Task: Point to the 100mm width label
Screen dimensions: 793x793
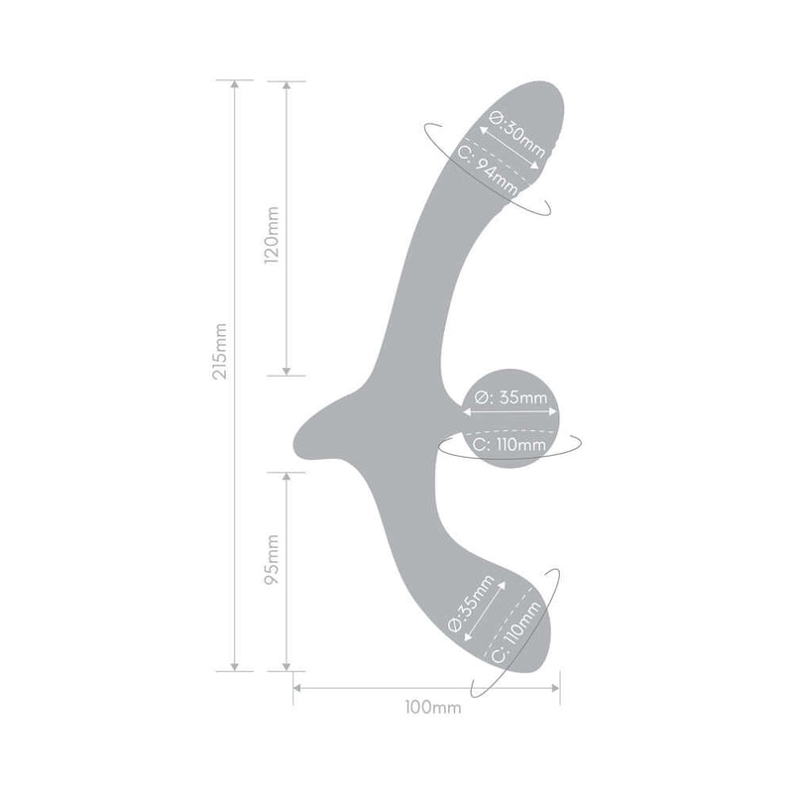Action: point(427,708)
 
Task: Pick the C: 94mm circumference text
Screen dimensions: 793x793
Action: point(492,170)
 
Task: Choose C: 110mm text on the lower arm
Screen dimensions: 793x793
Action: point(511,634)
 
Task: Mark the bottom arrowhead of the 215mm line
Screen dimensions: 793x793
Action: point(235,667)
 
